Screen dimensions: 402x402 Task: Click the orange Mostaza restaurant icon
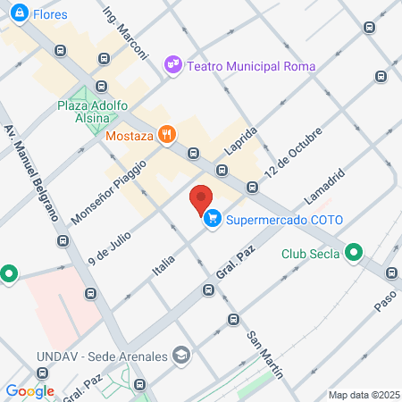(x=166, y=135)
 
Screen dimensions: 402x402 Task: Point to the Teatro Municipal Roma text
(x=240, y=65)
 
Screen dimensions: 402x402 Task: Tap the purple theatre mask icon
(x=172, y=65)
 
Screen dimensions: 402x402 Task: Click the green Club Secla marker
(x=354, y=253)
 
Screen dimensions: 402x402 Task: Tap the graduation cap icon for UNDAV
(x=182, y=356)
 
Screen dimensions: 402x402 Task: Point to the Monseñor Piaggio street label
(x=100, y=190)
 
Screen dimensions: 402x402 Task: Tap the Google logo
(x=29, y=390)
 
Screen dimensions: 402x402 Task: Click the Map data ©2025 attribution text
(x=363, y=395)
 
